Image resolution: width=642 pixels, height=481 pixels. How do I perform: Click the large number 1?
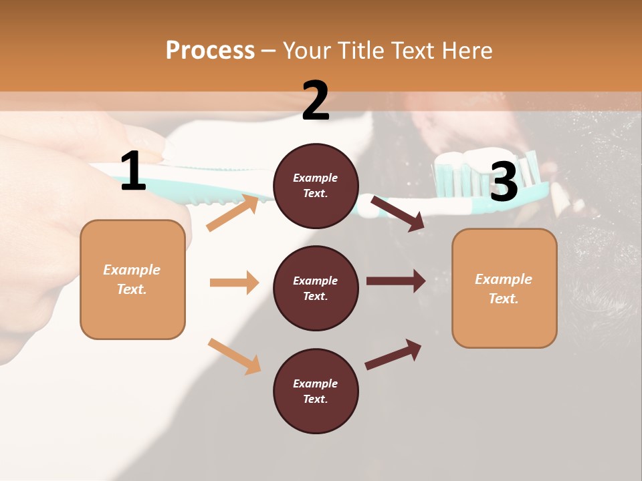point(133,172)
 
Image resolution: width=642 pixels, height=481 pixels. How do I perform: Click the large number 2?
point(316,101)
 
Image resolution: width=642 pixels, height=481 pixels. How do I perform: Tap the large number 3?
point(504,182)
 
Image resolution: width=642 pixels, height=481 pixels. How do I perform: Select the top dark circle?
point(316,186)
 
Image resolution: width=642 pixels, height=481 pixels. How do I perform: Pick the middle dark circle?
point(316,288)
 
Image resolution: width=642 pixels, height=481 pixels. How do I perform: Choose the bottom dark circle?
point(316,391)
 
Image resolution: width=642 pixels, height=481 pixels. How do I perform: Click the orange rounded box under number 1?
point(132,279)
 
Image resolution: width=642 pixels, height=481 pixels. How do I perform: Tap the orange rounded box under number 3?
point(504,288)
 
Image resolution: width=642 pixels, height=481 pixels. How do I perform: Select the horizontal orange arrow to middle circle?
point(234,283)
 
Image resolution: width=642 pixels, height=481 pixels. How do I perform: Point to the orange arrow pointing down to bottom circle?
point(234,355)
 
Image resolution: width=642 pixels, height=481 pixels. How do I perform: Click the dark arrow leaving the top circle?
point(397,213)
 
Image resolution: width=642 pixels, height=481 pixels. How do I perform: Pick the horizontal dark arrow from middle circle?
point(395,281)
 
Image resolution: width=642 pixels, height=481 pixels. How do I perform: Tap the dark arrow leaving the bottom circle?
point(393,355)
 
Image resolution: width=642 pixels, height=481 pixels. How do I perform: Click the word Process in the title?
point(210,50)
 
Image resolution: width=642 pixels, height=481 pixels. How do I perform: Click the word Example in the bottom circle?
point(315,383)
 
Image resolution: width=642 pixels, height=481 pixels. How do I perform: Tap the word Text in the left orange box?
point(131,290)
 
